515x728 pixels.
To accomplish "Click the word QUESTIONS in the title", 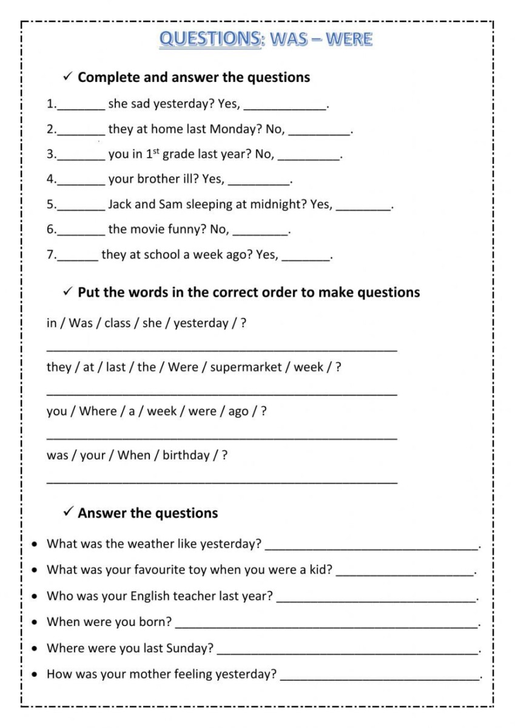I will [x=210, y=39].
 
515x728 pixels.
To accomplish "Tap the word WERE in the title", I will [x=349, y=39].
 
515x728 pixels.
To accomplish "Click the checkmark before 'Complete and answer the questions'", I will [x=68, y=76].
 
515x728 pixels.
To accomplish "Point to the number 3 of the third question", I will [x=50, y=155].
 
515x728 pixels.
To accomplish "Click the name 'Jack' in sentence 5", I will [x=121, y=204].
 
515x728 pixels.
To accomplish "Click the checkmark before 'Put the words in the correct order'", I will [x=68, y=292].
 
